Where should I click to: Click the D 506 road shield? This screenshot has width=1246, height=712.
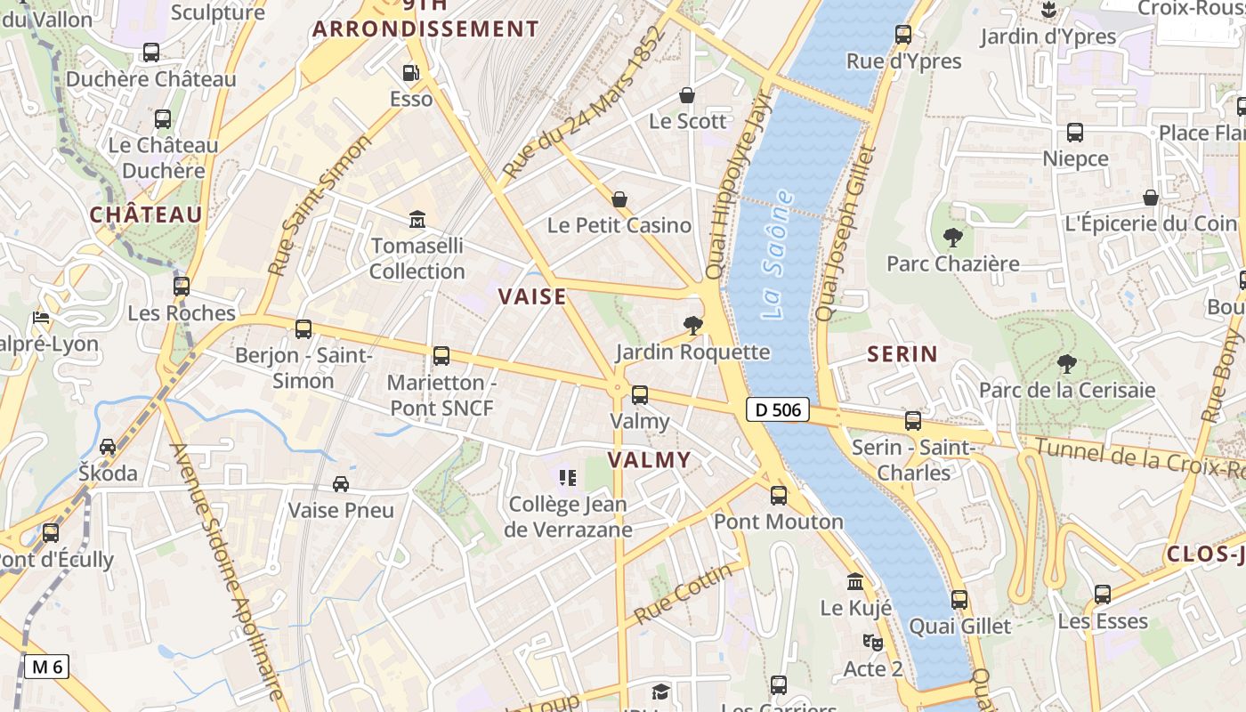click(x=777, y=409)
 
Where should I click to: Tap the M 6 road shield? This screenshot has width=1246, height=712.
click(x=46, y=666)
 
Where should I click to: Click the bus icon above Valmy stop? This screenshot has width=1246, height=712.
click(x=639, y=395)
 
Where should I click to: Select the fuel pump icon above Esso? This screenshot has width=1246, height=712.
click(x=410, y=73)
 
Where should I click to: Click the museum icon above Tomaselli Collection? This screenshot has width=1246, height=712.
click(x=417, y=219)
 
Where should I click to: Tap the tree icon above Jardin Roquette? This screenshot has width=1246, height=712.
click(x=692, y=326)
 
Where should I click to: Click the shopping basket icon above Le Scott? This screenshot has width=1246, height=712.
click(x=686, y=95)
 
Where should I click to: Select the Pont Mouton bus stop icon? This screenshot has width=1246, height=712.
click(x=779, y=496)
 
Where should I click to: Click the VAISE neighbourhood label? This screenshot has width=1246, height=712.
click(x=531, y=296)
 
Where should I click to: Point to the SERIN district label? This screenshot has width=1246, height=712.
click(x=902, y=354)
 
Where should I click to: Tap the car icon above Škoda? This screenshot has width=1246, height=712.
click(x=108, y=447)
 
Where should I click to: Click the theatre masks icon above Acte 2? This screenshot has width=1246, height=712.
click(x=871, y=642)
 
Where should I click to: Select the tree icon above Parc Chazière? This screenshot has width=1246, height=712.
click(x=952, y=238)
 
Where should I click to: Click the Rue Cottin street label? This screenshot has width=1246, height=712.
click(x=684, y=593)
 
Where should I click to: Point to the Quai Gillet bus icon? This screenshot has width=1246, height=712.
click(x=959, y=600)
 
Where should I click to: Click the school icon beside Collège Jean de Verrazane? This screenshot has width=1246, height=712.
click(x=567, y=478)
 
